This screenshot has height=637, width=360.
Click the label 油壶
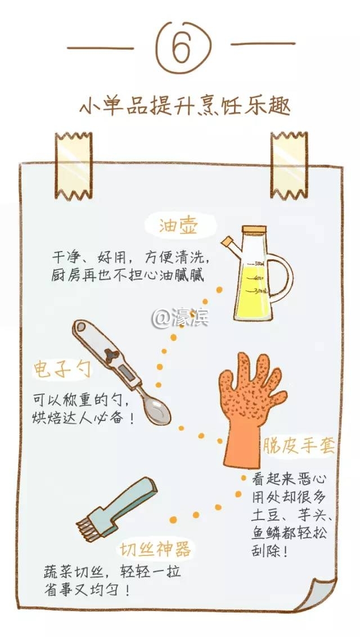pos(178,226)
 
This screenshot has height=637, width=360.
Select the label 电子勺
pos(62,370)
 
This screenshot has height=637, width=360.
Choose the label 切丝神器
pos(155,549)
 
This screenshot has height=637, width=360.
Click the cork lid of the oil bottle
pos(254,230)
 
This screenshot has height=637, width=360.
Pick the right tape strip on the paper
pos(289,165)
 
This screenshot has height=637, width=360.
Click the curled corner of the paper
pos(321,594)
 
